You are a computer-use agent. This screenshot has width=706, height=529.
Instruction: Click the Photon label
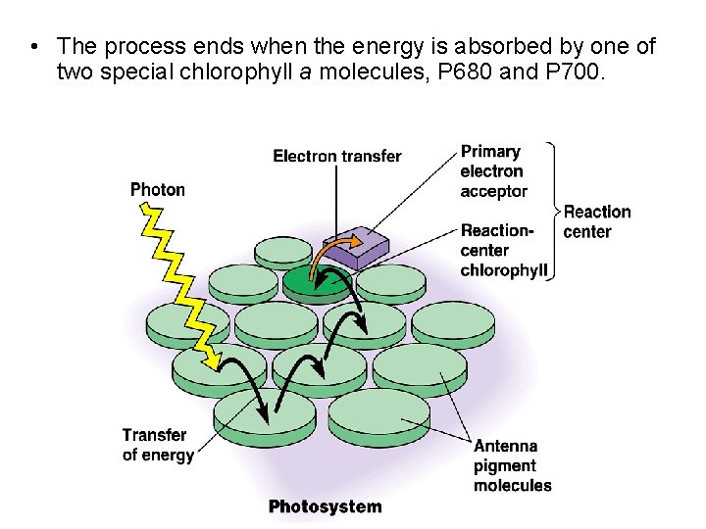point(157,189)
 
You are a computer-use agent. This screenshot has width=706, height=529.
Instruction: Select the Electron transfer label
point(336,156)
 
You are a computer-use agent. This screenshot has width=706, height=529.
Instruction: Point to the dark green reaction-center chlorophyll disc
point(316,281)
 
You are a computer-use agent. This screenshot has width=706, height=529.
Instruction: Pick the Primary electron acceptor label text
point(493,171)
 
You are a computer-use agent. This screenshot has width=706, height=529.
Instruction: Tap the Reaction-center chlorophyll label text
point(502,251)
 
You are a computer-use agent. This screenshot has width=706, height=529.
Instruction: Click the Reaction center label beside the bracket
point(596,221)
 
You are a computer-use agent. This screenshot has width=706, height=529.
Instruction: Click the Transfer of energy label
point(157,444)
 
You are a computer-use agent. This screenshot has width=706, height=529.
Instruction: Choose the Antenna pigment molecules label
point(512,465)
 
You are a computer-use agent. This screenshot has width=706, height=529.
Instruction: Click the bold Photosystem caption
point(325,506)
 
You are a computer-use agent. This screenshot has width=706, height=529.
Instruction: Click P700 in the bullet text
point(568,71)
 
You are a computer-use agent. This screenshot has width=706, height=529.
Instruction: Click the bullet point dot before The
point(33,46)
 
